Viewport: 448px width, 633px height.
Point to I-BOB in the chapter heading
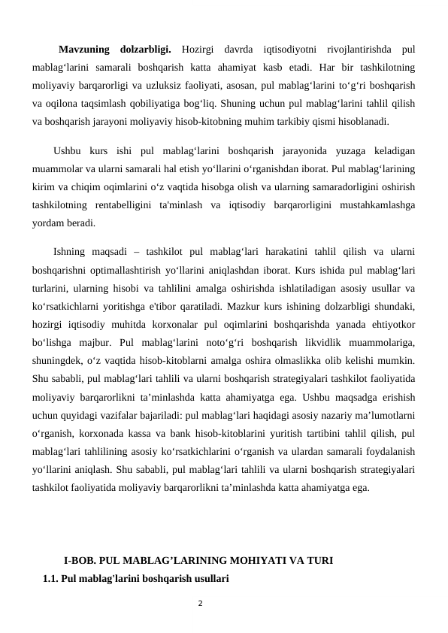tap(79, 561)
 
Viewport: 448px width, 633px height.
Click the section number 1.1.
tap(52, 579)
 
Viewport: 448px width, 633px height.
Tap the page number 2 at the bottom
tap(198, 602)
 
